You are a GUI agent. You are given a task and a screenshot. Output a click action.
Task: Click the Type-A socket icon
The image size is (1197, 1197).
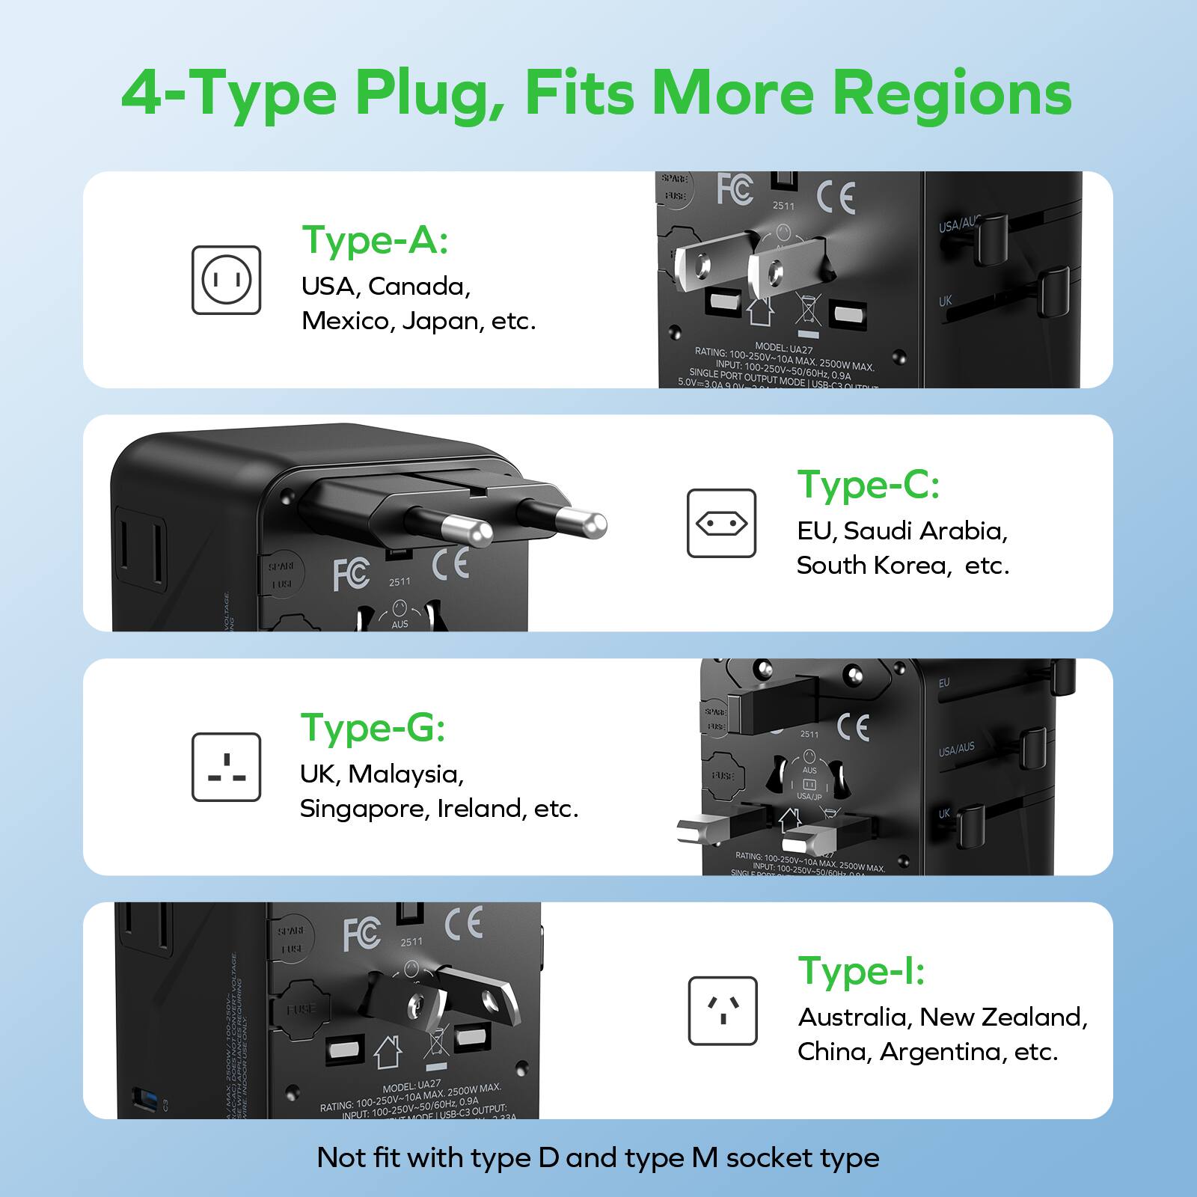tap(226, 280)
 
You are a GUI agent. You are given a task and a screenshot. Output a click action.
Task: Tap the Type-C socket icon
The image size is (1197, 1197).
tap(721, 524)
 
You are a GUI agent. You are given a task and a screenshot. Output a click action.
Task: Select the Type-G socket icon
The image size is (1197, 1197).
tap(226, 767)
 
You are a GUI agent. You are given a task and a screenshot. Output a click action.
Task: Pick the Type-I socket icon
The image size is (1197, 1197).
tap(722, 1011)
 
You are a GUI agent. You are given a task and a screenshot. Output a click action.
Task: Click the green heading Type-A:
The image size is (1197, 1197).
tap(375, 241)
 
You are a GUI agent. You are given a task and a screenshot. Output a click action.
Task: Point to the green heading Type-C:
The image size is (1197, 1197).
tap(868, 485)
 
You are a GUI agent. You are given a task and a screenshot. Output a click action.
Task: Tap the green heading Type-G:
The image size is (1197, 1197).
tap(373, 727)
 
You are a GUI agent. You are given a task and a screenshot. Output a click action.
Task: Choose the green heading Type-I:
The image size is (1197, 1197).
tap(861, 971)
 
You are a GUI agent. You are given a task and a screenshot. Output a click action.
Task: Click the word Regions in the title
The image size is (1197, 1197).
tap(952, 93)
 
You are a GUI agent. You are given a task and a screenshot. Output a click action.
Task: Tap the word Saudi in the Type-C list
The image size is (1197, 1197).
tap(878, 530)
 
